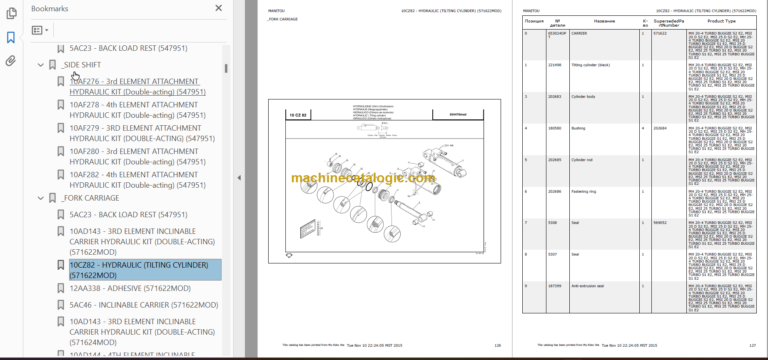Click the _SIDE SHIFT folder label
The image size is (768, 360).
tap(81, 65)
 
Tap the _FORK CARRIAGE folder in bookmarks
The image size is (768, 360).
tap(89, 198)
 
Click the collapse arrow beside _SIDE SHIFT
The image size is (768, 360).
tap(40, 65)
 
